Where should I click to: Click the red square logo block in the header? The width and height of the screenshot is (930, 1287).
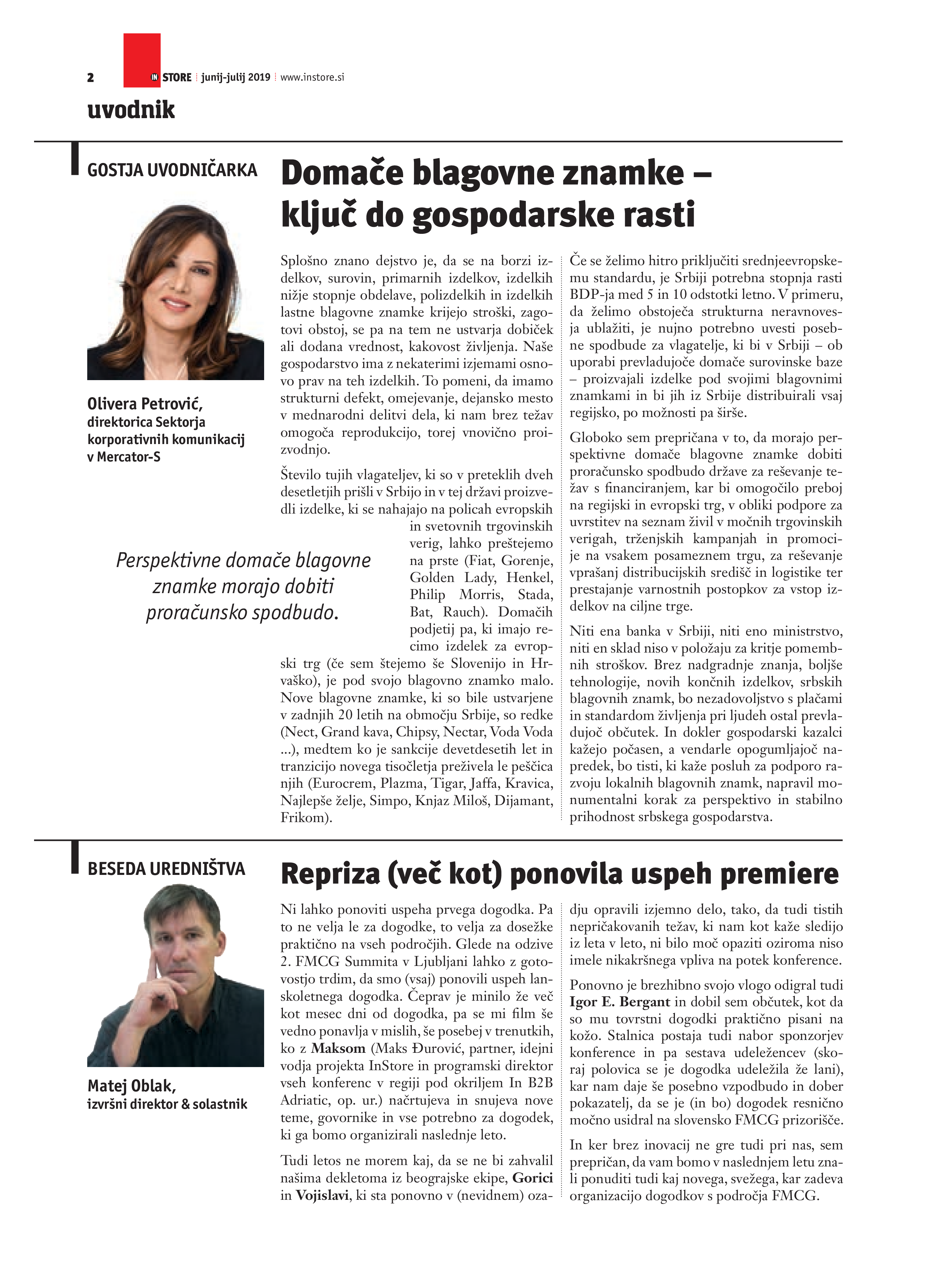(142, 59)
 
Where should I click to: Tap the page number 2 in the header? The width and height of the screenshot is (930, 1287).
(90, 78)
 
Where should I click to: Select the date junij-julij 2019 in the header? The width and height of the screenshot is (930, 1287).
(236, 77)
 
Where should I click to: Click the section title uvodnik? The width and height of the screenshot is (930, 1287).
(131, 109)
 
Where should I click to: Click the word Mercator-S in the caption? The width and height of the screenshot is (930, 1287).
(129, 457)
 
